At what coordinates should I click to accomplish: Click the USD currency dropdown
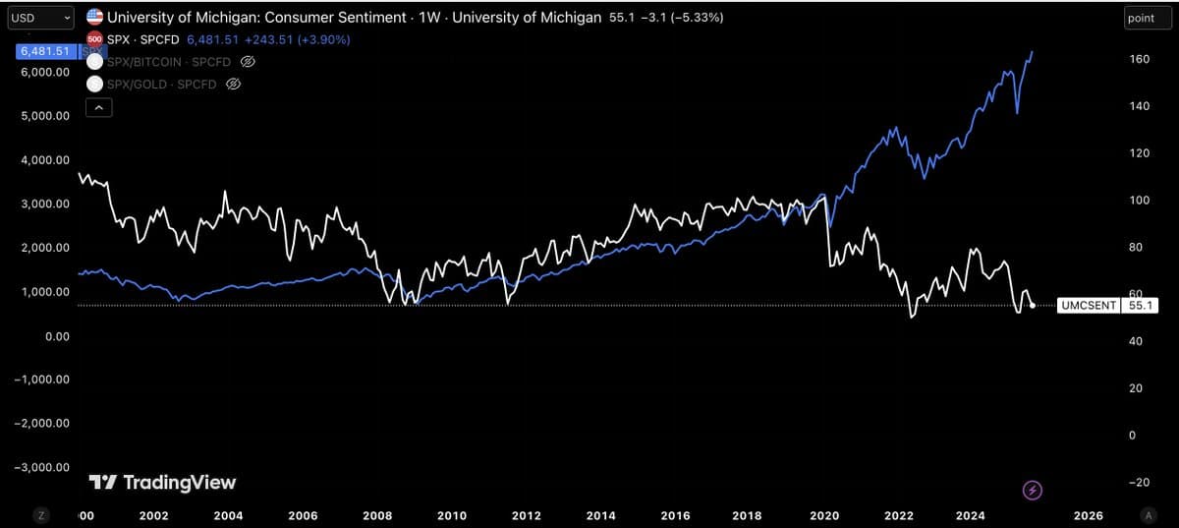[x=39, y=18]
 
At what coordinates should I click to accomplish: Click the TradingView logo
[x=162, y=482]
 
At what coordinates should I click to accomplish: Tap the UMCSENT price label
[x=1088, y=306]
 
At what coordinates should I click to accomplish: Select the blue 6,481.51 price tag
[x=41, y=51]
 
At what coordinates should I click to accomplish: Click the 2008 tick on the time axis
[x=377, y=515]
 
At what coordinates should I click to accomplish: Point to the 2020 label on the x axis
[x=824, y=515]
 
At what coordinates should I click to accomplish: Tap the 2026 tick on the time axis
[x=1088, y=515]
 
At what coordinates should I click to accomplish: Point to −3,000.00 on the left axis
[x=41, y=467]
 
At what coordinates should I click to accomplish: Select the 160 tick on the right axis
[x=1140, y=59]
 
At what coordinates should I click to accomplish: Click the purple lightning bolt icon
[x=1033, y=489]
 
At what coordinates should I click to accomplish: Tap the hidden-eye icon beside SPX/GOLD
[x=234, y=84]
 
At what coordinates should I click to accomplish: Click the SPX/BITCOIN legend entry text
[x=168, y=62]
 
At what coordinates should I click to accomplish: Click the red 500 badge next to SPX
[x=94, y=39]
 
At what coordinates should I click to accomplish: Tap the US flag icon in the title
[x=94, y=18]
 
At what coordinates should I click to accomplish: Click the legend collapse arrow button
[x=99, y=109]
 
